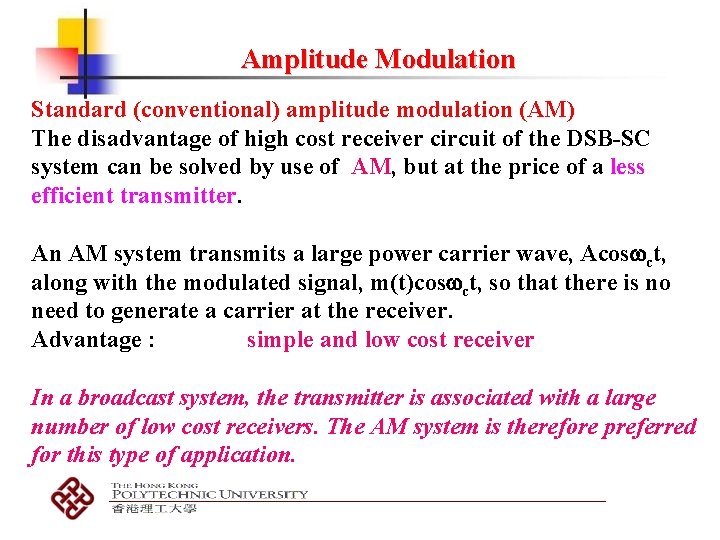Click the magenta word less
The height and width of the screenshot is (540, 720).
(627, 167)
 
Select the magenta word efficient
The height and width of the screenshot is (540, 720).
(72, 196)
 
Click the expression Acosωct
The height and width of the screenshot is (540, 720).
(611, 254)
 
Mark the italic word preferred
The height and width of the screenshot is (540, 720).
(652, 427)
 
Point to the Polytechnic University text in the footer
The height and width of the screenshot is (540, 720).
(209, 494)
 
